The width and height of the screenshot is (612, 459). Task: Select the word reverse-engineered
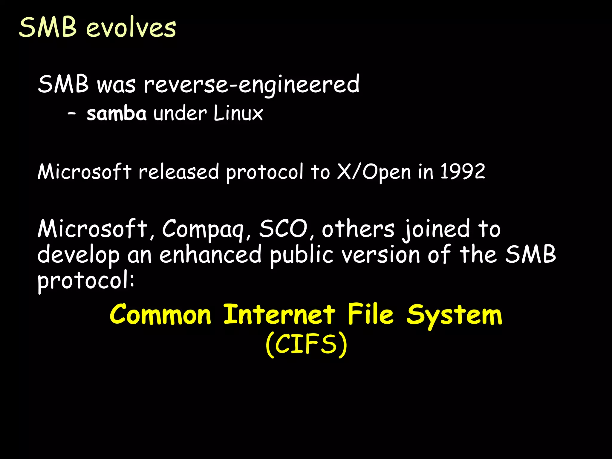click(251, 85)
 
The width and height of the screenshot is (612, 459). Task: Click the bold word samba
click(117, 114)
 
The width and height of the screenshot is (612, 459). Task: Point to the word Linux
click(238, 114)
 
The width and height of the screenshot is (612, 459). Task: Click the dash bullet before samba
click(72, 114)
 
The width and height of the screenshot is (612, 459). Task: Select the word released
click(179, 172)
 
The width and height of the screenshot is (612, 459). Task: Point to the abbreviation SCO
click(283, 229)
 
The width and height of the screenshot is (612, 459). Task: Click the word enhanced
click(210, 255)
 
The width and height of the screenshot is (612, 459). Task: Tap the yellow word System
click(454, 315)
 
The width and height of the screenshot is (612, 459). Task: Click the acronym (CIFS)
click(306, 344)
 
